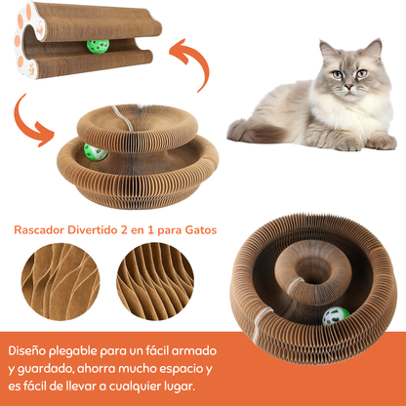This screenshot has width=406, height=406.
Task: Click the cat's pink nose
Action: pyautogui.click(x=348, y=87)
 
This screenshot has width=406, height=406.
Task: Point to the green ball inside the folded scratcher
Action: pyautogui.click(x=98, y=46)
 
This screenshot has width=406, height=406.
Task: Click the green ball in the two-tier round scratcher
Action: pyautogui.click(x=95, y=152)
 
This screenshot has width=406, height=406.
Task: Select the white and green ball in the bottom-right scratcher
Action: pyautogui.click(x=336, y=316)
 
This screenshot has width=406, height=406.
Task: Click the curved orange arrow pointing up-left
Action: pyautogui.click(x=192, y=61)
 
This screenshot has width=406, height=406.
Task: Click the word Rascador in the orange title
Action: pyautogui.click(x=39, y=230)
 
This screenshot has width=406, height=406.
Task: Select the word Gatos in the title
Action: pyautogui.click(x=201, y=230)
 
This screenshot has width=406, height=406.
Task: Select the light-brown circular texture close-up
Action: pyautogui.click(x=61, y=282)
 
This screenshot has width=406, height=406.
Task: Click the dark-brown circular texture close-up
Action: pyautogui.click(x=155, y=282)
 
